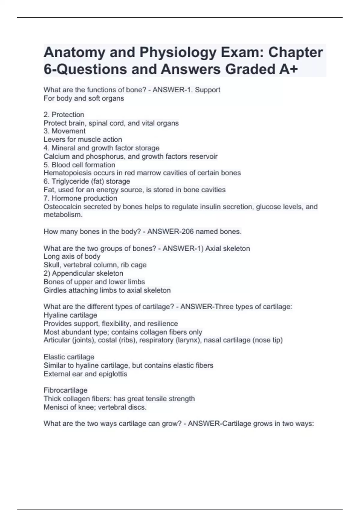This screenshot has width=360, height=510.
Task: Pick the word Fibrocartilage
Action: [65, 390]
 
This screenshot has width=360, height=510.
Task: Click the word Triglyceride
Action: [70, 181]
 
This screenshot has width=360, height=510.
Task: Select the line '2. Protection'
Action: [64, 115]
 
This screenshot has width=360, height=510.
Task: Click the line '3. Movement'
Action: [64, 131]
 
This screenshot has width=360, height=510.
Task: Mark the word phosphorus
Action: [105, 157]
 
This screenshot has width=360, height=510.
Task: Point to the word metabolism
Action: [63, 215]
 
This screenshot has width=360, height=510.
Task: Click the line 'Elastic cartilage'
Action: [69, 357]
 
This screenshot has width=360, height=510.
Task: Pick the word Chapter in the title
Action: [295, 52]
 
